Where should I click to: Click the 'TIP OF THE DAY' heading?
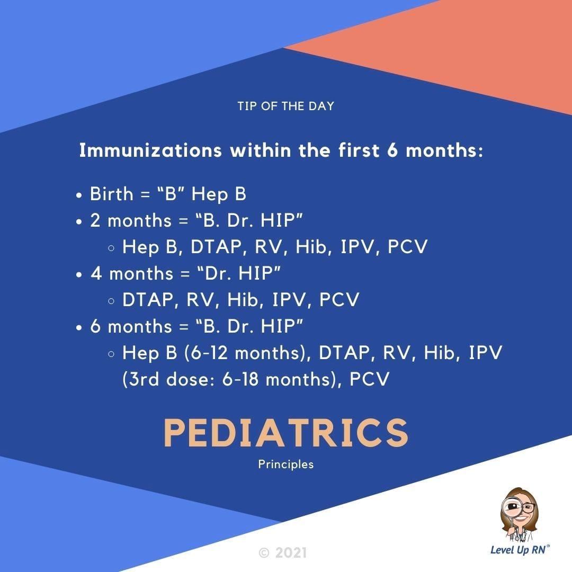(285, 106)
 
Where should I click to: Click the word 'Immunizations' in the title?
(150, 150)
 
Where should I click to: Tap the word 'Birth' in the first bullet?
(112, 193)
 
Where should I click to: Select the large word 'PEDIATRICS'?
(285, 433)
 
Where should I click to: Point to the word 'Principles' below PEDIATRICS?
(285, 464)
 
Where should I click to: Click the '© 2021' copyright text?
(283, 552)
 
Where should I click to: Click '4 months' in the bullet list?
(132, 273)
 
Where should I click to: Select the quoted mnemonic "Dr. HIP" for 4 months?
(239, 273)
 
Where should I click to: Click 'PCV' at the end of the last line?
(370, 379)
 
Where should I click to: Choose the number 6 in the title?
(392, 150)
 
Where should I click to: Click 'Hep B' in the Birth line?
(219, 194)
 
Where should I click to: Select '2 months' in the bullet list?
(131, 220)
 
